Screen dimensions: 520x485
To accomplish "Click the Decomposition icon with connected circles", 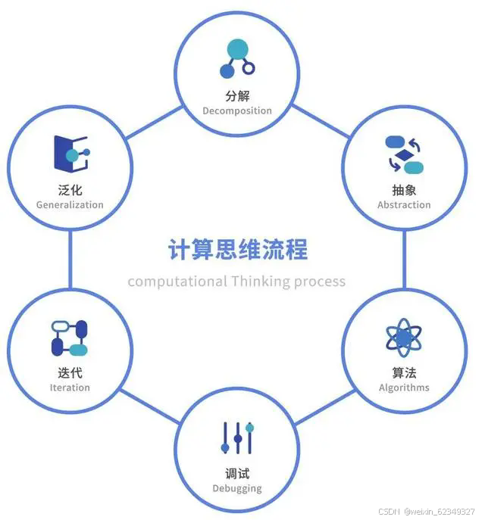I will pos(236,59).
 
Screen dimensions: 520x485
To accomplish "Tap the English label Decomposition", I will pos(236,111).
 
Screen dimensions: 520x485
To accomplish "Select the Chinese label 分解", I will pos(236,96).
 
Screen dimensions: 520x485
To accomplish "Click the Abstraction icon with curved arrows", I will pos(404,154).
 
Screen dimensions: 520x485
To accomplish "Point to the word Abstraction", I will pos(404,204).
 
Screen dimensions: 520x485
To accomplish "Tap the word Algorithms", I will pos(404,388).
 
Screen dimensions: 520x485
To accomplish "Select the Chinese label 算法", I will pos(404,372).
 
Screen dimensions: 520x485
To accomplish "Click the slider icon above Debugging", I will pos(237,438).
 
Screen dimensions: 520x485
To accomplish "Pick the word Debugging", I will pos(237,488).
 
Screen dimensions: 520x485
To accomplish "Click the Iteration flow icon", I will pos(70,338).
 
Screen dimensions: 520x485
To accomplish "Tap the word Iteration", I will pos(70,388).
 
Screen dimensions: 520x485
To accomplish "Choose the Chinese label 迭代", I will pos(70,372).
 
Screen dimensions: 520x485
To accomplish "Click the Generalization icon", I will pos(70,154).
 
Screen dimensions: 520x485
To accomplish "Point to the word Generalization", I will pos(70,204).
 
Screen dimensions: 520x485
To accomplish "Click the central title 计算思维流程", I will pos(237,250).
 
